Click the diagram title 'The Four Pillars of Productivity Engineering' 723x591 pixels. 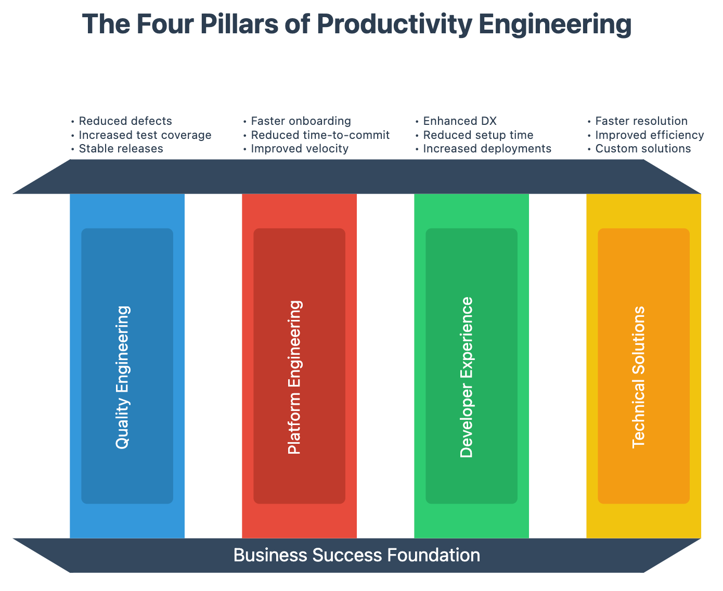coord(357,24)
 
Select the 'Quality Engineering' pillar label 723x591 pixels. coord(123,377)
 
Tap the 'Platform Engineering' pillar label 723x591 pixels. coord(295,377)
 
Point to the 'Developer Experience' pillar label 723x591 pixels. coord(467,377)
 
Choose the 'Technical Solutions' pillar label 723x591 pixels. coord(639,377)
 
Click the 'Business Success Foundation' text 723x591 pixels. coord(357,555)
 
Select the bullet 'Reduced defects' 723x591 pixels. coord(125,121)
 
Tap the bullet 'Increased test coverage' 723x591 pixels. coord(145,135)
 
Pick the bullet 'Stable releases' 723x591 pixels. coord(121,149)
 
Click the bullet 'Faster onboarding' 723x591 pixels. coord(301,121)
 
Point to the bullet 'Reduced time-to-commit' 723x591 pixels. coord(320,135)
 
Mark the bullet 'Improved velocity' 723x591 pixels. coord(299,149)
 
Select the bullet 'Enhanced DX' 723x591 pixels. coord(460,121)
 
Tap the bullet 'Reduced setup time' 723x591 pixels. coord(478,135)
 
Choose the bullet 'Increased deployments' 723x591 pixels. coord(487,149)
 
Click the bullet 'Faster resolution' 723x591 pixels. coord(641,121)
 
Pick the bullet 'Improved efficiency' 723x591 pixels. coord(649,135)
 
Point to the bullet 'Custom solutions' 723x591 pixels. coord(643,149)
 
